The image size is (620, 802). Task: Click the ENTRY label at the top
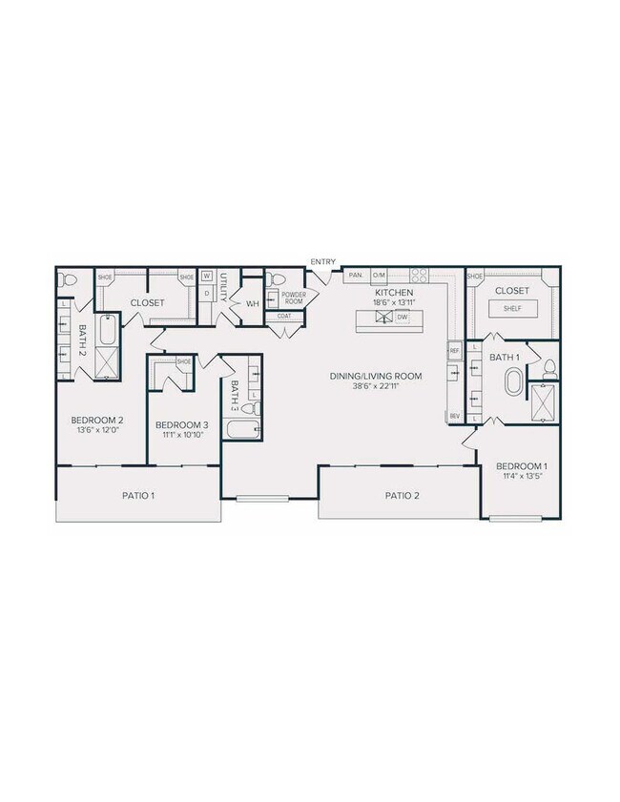click(x=322, y=261)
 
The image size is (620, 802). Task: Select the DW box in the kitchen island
click(x=403, y=317)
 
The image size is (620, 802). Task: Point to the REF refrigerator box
click(x=454, y=351)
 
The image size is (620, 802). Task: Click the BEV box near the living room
click(x=454, y=416)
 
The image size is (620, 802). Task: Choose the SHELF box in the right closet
click(x=512, y=309)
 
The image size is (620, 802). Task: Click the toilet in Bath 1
click(x=549, y=367)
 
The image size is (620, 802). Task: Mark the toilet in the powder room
click(x=273, y=278)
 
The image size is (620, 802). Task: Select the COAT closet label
click(x=284, y=316)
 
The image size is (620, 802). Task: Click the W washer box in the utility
click(x=206, y=277)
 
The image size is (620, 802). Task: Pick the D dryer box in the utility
click(x=206, y=293)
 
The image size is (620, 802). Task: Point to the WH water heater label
click(x=252, y=304)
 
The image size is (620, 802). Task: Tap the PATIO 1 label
click(x=138, y=495)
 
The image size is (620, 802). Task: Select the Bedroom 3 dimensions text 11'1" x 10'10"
click(x=181, y=435)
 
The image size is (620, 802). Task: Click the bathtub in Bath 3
click(x=242, y=430)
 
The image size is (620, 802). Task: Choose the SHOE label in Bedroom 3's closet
click(x=183, y=362)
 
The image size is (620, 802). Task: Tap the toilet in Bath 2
click(x=67, y=280)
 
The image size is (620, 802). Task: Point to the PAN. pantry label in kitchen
click(x=356, y=275)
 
